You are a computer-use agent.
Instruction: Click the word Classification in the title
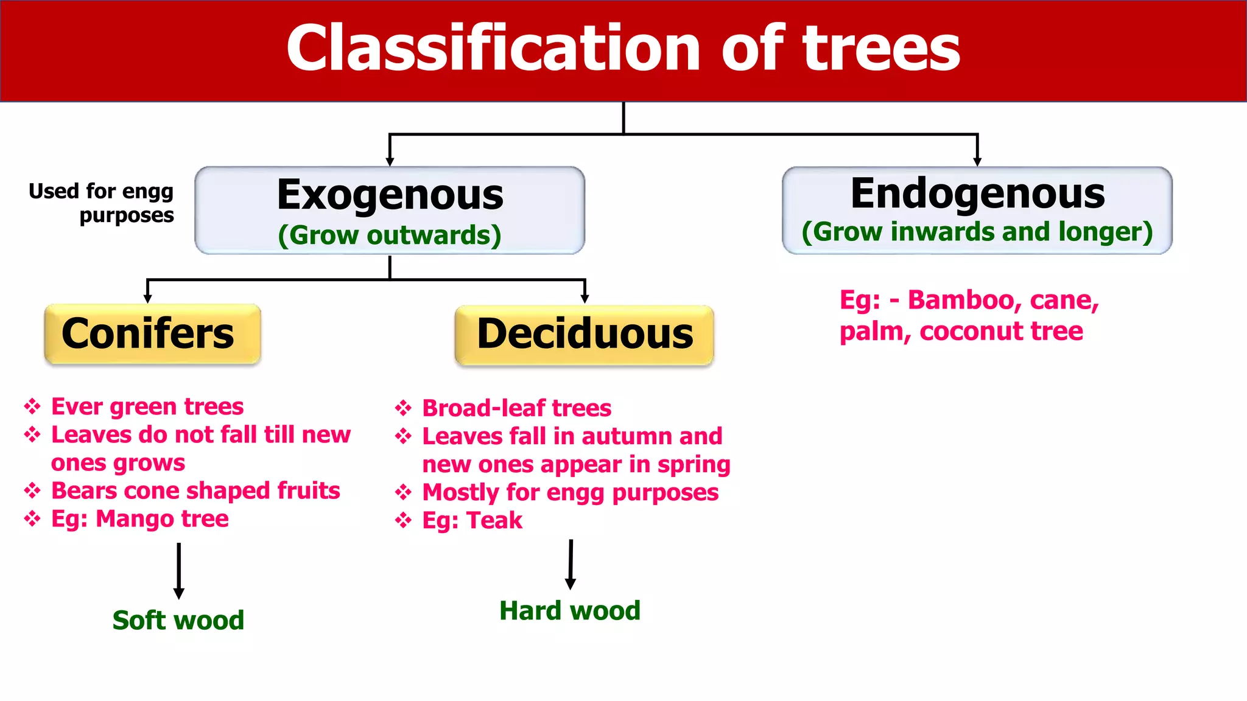[x=493, y=49]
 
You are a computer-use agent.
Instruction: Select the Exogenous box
[x=390, y=210]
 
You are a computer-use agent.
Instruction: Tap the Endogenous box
[x=977, y=210]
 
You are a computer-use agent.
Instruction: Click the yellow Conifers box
[x=152, y=334]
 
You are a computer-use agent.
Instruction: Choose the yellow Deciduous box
[x=584, y=335]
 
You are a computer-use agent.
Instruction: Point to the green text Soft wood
[x=178, y=621]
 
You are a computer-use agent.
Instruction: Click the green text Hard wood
[x=570, y=611]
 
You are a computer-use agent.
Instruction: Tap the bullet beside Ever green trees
[x=32, y=406]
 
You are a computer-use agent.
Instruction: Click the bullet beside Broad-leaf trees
[x=403, y=408]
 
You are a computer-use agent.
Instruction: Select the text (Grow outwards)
[x=390, y=235]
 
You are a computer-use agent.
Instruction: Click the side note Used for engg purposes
[x=102, y=203]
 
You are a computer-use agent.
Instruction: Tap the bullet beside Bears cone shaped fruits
[x=32, y=490]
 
